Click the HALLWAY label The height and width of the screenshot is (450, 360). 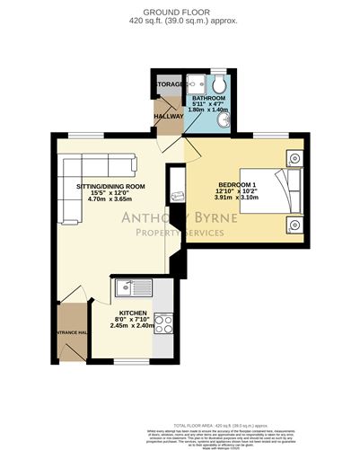[169, 117]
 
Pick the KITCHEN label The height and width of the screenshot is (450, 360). [132, 315]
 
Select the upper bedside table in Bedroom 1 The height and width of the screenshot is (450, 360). [294, 157]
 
